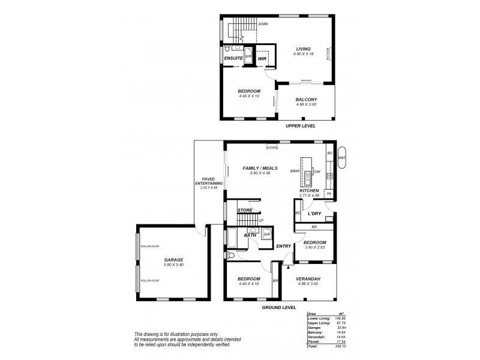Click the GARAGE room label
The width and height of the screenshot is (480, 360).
(173, 260)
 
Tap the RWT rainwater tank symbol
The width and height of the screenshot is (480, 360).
(342, 158)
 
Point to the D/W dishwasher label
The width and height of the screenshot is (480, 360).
(317, 172)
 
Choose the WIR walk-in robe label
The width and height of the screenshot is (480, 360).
(262, 59)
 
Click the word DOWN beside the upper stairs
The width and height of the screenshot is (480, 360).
(262, 24)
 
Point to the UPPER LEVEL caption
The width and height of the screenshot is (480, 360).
(301, 126)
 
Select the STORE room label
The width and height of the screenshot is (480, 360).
(244, 211)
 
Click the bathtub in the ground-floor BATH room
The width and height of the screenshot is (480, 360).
(232, 239)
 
